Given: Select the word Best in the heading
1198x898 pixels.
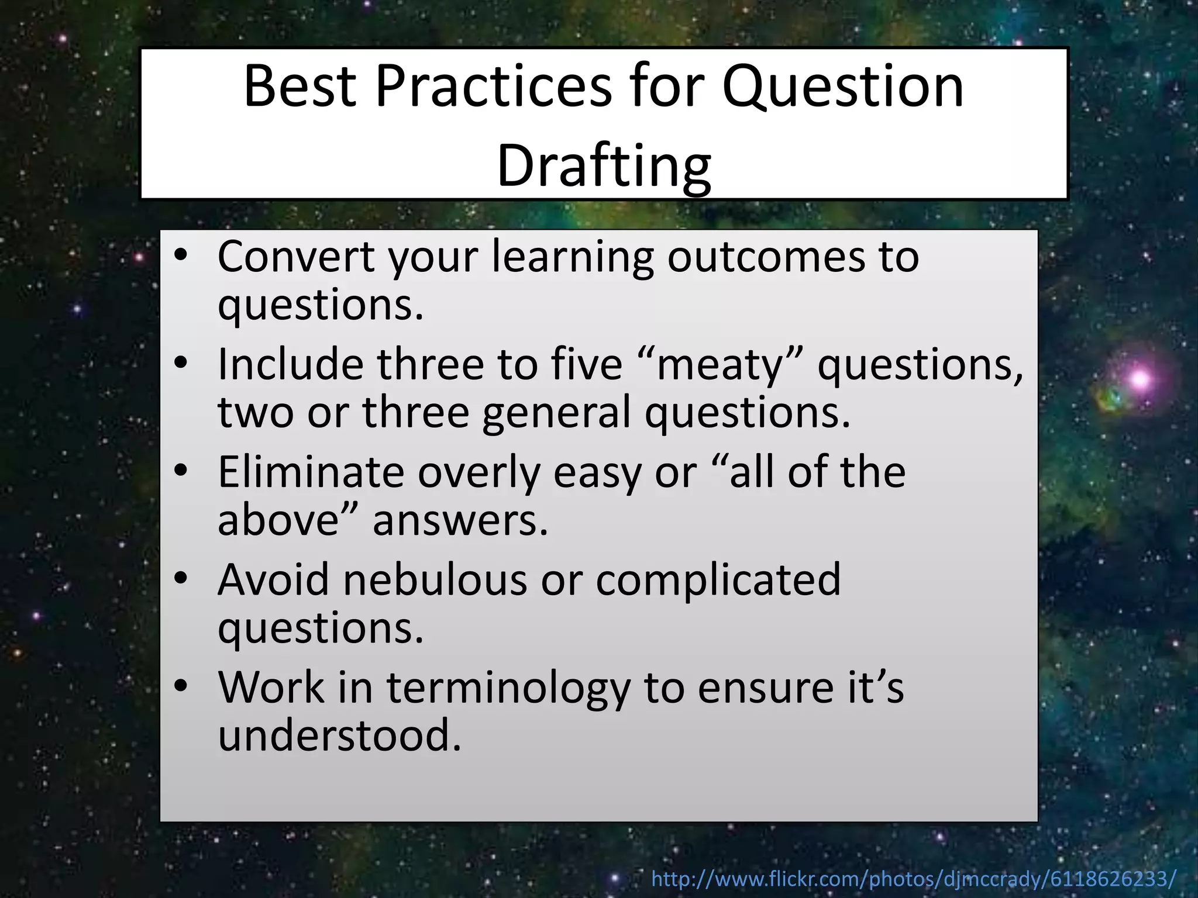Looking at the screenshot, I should (299, 87).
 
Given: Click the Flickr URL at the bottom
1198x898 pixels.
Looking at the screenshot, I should (914, 878).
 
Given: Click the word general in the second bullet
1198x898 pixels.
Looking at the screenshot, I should (556, 413).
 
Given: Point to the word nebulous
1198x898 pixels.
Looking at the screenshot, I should (435, 579).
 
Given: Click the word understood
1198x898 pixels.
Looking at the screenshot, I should (340, 735).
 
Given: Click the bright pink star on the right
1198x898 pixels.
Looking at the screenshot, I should (1139, 379).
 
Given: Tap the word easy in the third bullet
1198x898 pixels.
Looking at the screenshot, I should (596, 472).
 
